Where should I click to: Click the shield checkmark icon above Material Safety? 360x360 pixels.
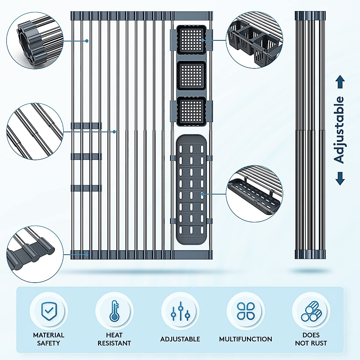click(x=49, y=311)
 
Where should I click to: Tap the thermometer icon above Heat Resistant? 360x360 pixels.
click(x=114, y=311)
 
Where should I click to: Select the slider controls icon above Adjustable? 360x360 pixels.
click(x=180, y=311)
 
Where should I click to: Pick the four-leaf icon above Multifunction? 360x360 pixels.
click(x=246, y=311)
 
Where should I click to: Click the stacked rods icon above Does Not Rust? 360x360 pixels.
click(x=311, y=311)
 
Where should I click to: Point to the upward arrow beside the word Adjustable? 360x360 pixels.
click(x=340, y=82)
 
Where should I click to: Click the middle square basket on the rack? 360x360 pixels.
click(x=191, y=75)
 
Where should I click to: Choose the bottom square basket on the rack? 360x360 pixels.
click(x=191, y=111)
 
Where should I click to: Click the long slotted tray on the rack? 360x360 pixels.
click(x=191, y=189)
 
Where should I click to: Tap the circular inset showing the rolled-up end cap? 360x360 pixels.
click(x=35, y=40)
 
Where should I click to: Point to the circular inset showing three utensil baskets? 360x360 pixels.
click(x=254, y=40)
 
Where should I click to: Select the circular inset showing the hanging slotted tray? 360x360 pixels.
click(x=254, y=193)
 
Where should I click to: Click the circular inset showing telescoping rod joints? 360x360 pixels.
click(x=35, y=131)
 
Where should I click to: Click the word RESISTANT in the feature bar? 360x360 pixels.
click(x=114, y=343)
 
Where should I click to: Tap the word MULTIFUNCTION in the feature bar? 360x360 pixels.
click(x=245, y=339)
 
